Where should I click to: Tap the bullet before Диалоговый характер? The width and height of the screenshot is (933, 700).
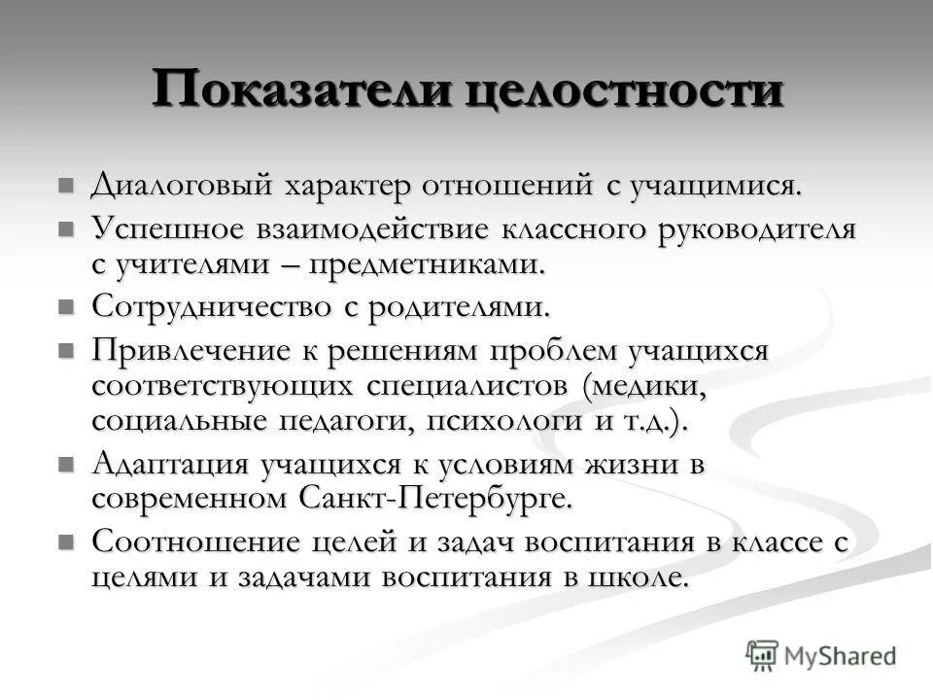(x=66, y=185)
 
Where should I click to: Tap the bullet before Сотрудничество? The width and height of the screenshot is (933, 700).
(x=66, y=307)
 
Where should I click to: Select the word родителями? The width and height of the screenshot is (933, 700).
(x=460, y=307)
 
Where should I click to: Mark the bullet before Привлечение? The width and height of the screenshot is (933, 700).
(x=66, y=350)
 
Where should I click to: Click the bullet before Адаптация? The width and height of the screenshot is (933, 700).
(x=66, y=465)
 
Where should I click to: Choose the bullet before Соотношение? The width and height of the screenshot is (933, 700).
(x=66, y=542)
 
